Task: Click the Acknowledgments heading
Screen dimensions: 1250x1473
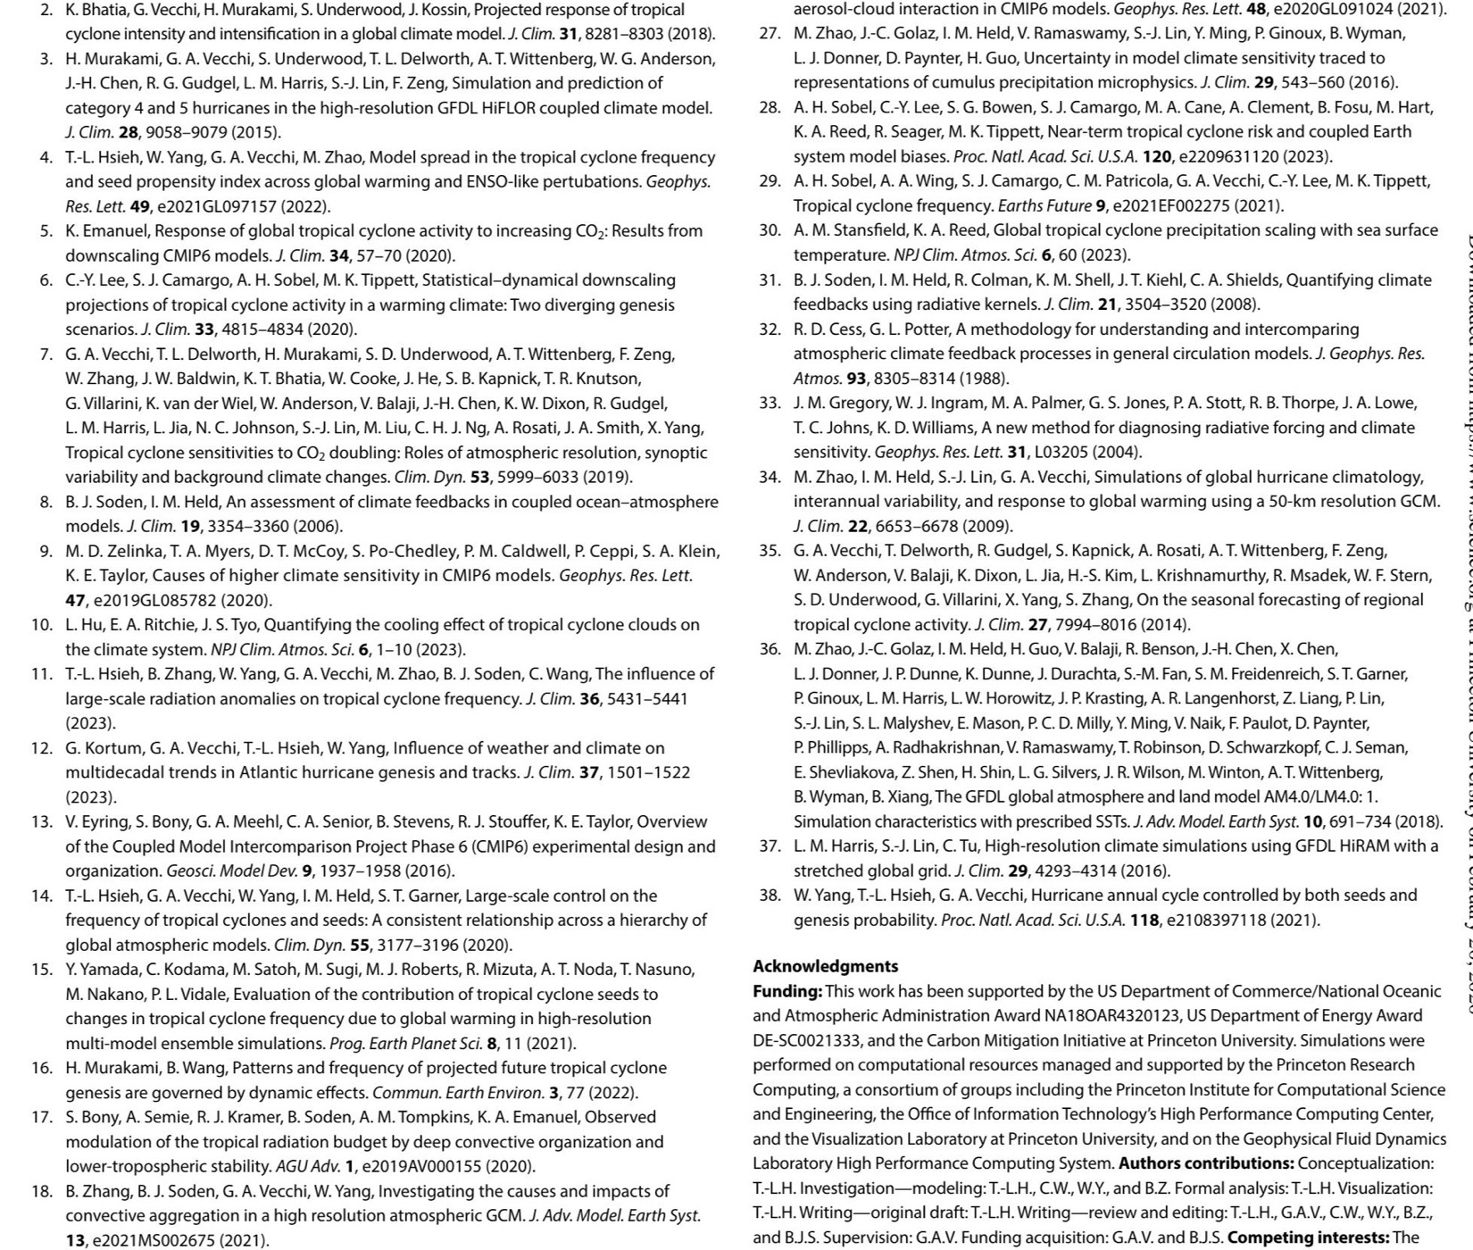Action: click(826, 966)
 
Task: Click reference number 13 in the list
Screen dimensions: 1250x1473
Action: click(43, 821)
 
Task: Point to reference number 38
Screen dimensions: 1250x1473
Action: click(770, 895)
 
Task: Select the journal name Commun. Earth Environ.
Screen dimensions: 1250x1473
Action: click(456, 1092)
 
